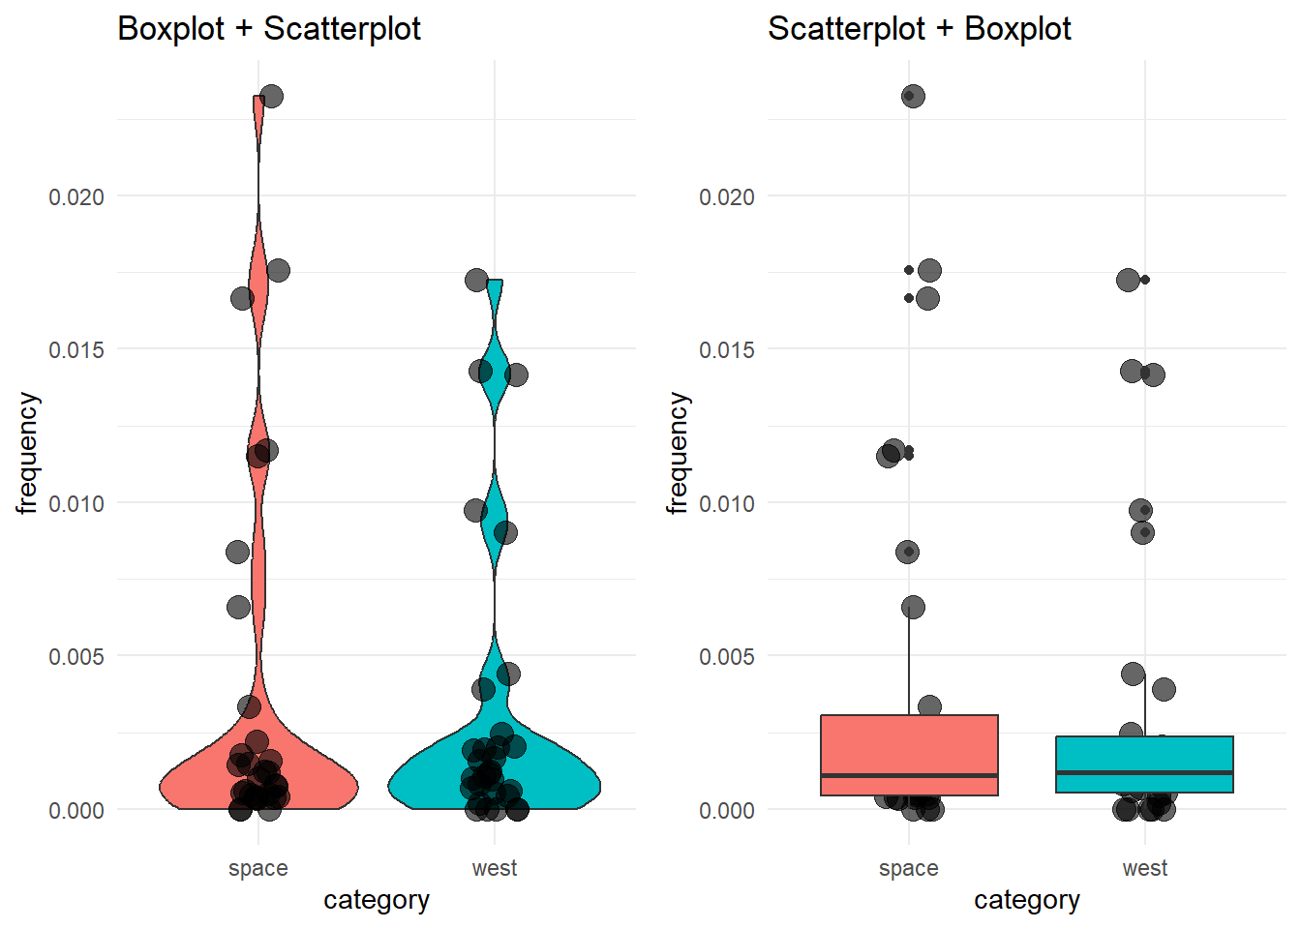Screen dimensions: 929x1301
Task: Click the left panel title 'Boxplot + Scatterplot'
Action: coord(269,29)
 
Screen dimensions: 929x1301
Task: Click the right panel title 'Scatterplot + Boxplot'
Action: coord(919,29)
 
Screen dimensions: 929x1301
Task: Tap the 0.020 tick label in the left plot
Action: coord(76,197)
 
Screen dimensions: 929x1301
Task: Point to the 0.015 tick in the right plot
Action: coord(727,350)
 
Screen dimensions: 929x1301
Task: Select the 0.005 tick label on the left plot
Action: coord(76,657)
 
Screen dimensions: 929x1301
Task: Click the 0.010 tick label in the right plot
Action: coord(727,504)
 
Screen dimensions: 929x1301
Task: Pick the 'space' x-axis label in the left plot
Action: coord(258,868)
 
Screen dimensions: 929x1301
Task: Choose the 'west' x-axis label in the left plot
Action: coord(495,868)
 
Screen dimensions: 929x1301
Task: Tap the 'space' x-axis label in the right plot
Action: coord(909,868)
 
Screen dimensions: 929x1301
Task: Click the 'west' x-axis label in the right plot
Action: coord(1145,868)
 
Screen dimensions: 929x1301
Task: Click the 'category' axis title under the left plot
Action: coord(377,900)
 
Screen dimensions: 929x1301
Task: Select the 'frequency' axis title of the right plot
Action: coord(678,453)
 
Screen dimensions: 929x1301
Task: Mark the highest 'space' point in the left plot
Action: coord(271,97)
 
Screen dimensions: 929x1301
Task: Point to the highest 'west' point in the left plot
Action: coord(476,281)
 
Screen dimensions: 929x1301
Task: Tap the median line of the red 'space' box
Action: coord(909,775)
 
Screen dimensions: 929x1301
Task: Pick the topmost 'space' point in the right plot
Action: coord(913,96)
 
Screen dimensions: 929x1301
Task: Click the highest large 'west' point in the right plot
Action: coord(1128,281)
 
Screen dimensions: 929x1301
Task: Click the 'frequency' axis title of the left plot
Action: coord(27,453)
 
